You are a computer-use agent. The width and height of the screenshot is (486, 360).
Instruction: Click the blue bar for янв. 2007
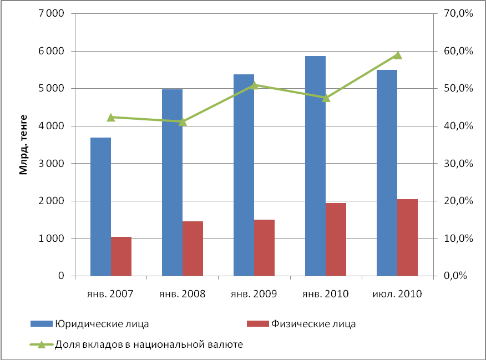point(100,206)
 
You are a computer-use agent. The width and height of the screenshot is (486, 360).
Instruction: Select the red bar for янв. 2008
point(193,249)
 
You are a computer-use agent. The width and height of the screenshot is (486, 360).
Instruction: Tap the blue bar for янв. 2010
point(315,166)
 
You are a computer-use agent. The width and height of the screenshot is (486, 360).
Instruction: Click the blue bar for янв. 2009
point(244,175)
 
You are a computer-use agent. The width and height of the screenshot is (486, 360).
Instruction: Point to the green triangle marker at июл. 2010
point(397,55)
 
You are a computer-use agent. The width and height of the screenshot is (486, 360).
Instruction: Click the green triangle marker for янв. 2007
point(111,117)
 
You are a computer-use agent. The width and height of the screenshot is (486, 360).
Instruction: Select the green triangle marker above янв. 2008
point(183,121)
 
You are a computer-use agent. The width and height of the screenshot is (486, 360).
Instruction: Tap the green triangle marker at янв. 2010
point(326,98)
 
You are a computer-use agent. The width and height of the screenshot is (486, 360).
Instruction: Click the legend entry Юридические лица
point(101,324)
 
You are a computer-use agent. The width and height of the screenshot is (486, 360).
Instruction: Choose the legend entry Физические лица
point(312,324)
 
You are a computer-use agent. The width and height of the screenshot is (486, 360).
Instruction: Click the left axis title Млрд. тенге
point(24,145)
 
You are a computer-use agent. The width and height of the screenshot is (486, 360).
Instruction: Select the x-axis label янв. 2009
point(254,294)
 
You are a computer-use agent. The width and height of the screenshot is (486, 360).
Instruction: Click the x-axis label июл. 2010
point(397,294)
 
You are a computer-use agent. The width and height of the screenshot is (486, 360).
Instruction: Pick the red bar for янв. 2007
point(121,256)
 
